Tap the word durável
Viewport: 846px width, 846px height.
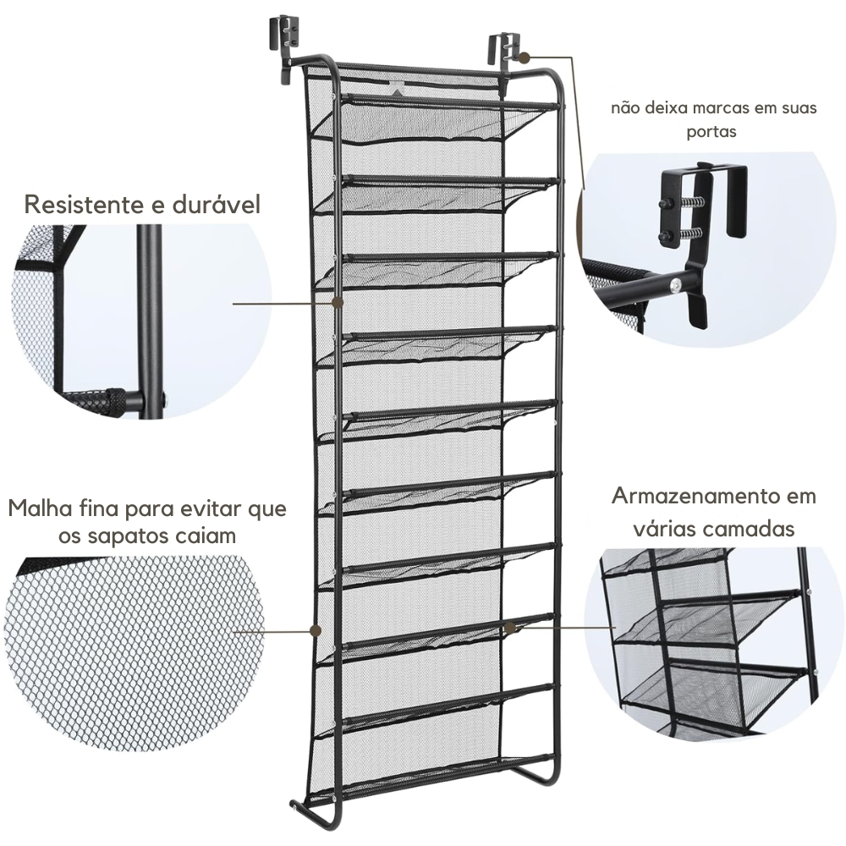pos(217,205)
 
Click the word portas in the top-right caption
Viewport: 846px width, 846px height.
pos(711,132)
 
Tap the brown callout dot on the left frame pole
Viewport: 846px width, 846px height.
pos(338,303)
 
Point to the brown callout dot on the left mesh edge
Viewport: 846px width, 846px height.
pos(316,629)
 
